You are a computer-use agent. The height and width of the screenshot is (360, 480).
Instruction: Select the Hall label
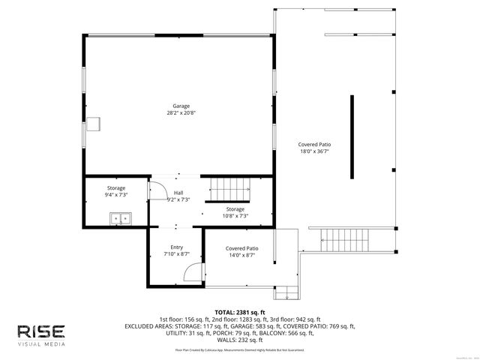[x=178, y=193]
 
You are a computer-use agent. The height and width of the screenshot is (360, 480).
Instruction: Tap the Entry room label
[x=176, y=247]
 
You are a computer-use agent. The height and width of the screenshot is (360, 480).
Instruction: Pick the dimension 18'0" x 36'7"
[x=314, y=151]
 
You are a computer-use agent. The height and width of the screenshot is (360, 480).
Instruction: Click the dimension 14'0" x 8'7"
[x=241, y=254]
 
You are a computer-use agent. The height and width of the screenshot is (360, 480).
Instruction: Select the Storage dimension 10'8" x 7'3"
[x=235, y=216]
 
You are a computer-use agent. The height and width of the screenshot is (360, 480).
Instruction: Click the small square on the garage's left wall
[x=95, y=124]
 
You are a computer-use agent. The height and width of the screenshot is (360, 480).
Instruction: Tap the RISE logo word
[x=41, y=331]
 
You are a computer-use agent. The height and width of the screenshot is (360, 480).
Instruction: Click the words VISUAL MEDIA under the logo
[x=41, y=344]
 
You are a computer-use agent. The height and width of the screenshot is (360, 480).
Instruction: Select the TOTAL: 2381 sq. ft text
[x=240, y=312]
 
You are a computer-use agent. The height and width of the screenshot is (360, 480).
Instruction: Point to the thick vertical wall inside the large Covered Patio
[x=351, y=136]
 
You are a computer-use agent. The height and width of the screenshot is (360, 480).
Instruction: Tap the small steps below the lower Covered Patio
[x=283, y=292]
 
